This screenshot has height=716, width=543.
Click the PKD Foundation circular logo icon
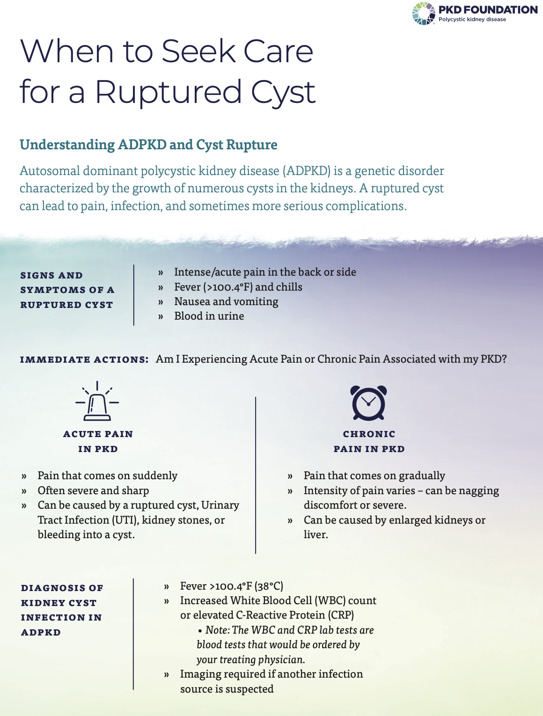point(424,14)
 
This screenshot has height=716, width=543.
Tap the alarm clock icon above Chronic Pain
point(368,403)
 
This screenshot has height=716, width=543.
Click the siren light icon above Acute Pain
point(97,401)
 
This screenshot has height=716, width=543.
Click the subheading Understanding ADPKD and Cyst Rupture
point(148,145)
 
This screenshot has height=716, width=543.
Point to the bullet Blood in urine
point(209,316)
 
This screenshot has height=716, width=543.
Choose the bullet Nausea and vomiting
point(226,301)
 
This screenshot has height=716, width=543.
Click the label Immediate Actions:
point(84,359)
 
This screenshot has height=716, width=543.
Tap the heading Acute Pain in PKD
point(98,441)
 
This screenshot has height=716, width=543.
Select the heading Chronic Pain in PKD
point(369,441)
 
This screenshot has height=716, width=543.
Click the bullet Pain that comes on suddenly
point(107,475)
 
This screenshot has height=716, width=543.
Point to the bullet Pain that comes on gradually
point(374,475)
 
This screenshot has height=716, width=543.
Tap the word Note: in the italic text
point(217,630)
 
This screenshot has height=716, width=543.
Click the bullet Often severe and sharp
point(93,490)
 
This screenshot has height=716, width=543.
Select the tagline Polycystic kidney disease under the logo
point(472,20)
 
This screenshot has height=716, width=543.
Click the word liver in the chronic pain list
point(315,534)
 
